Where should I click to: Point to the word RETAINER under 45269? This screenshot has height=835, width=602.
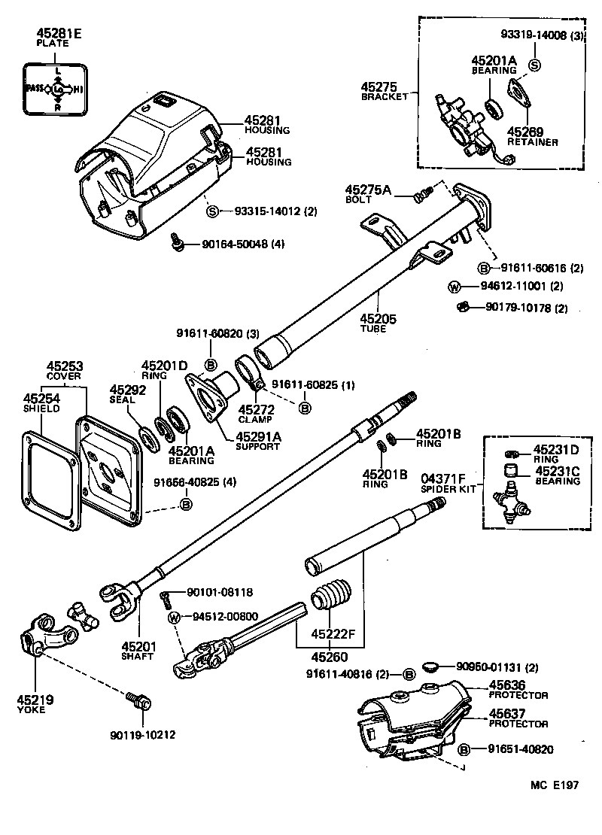[x=533, y=141]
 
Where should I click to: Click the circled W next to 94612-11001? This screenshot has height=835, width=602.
[x=455, y=286]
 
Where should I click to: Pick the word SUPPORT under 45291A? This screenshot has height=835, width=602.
[x=257, y=446]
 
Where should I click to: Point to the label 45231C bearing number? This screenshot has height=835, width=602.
[x=557, y=471]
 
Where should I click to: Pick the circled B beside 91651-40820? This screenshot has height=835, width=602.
[x=465, y=749]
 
